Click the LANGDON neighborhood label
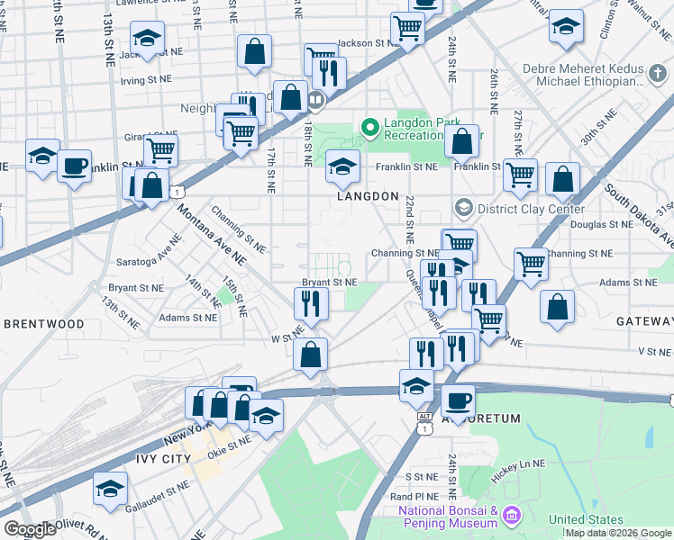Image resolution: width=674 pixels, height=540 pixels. (368, 196)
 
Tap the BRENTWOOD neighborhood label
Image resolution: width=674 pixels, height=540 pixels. (43, 323)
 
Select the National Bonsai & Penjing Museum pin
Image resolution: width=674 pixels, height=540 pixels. (512, 516)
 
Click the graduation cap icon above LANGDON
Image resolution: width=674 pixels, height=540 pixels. (342, 166)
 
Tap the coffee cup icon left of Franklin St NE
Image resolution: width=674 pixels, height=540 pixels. (74, 166)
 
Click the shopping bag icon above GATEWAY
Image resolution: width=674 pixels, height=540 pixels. (558, 306)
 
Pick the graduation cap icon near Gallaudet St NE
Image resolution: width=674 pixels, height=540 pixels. (110, 489)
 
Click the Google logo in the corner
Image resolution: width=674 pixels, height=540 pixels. (30, 528)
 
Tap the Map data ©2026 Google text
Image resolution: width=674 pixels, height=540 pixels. (619, 533)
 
